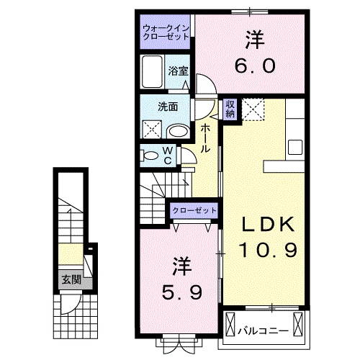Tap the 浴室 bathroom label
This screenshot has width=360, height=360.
click(179, 71)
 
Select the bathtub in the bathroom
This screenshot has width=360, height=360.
click(153, 72)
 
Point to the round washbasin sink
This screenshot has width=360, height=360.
click(176, 131)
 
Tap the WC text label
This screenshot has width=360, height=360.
click(167, 155)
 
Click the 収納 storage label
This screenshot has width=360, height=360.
click(230, 109)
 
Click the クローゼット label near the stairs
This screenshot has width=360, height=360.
click(194, 210)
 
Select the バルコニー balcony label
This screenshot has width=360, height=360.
click(264, 331)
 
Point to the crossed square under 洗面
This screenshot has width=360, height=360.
click(151, 130)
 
